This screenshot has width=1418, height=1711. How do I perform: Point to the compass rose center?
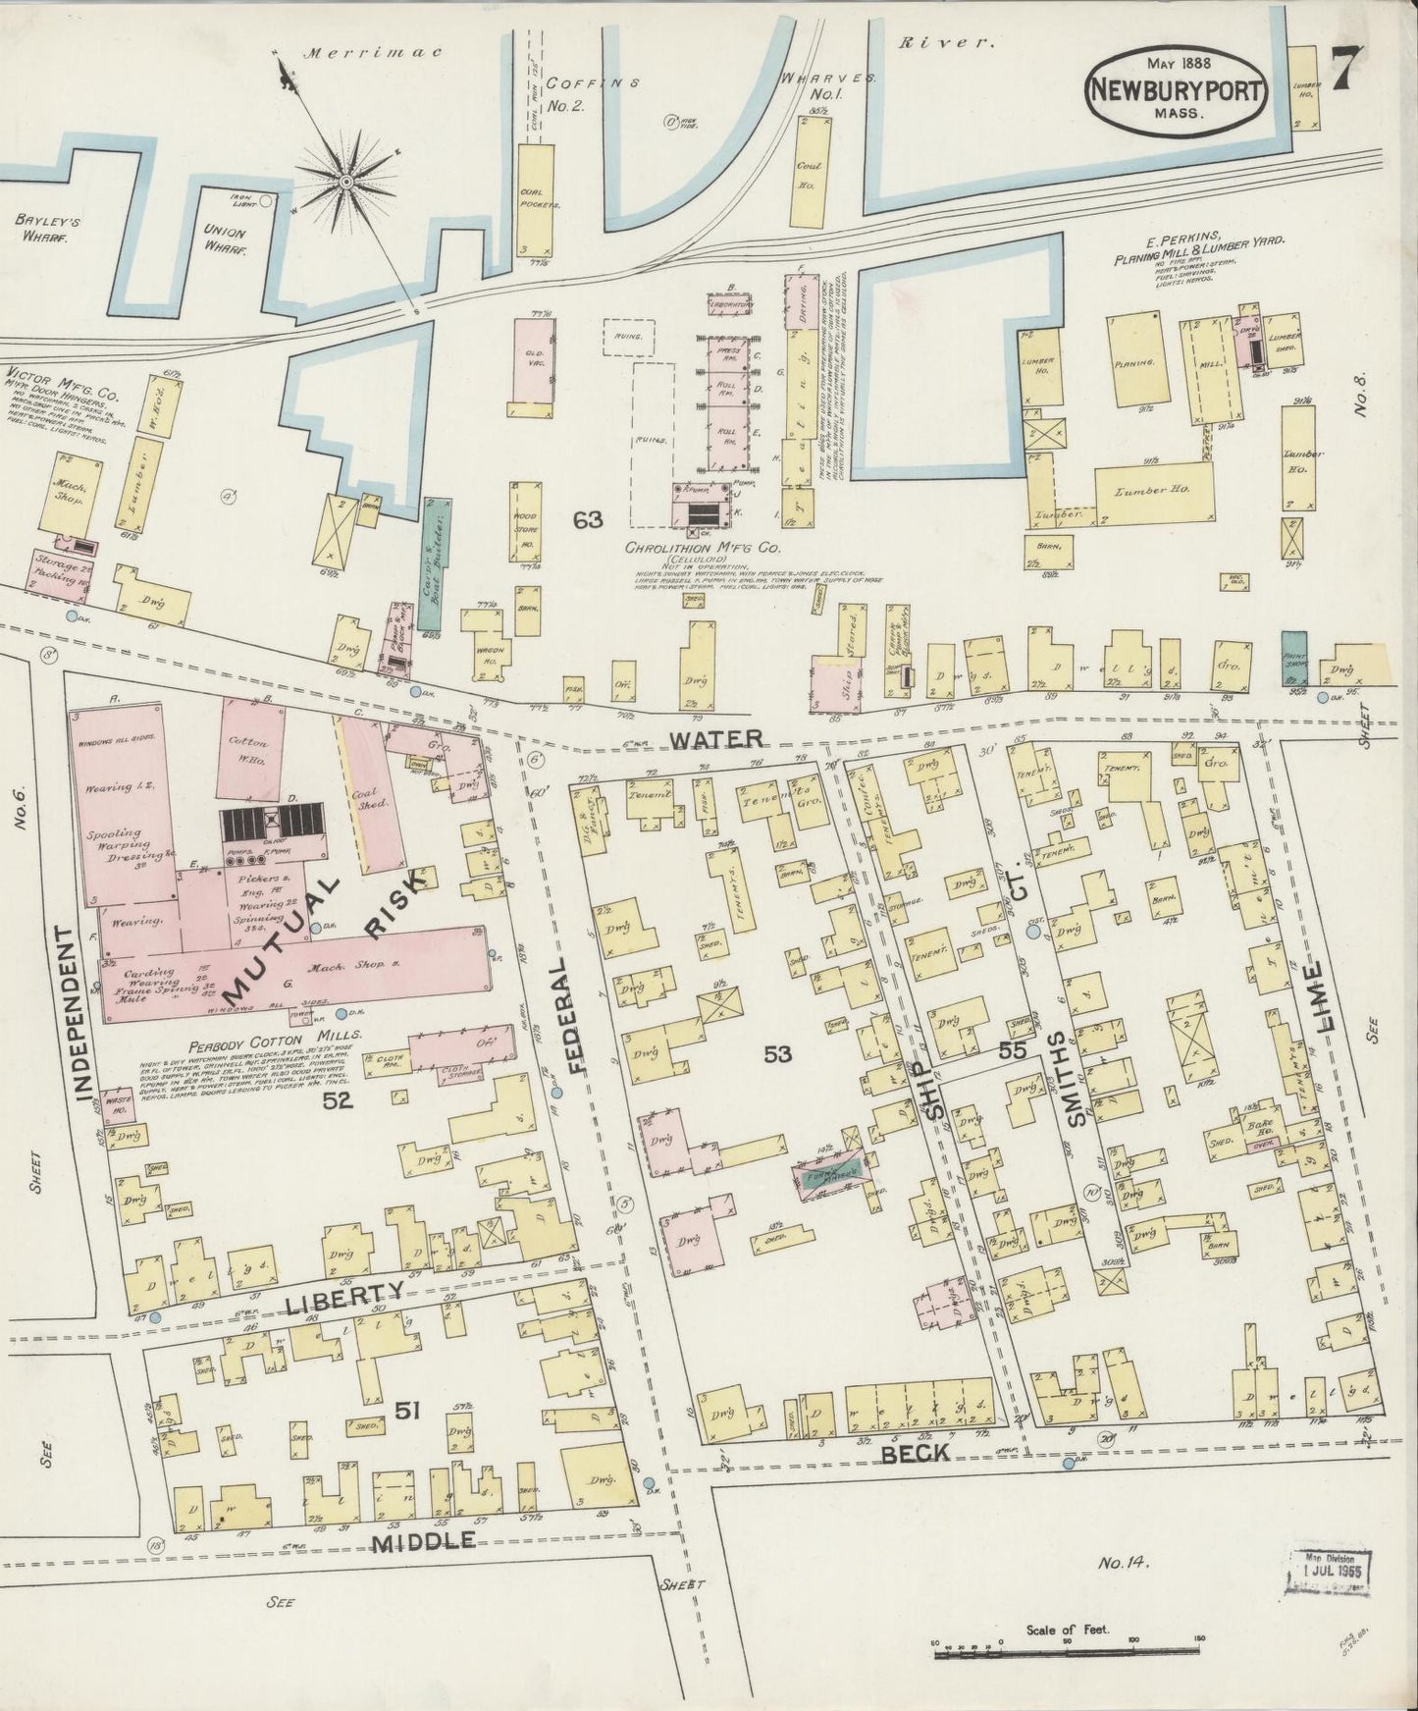coord(346,181)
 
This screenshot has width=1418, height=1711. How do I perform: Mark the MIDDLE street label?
coord(424,1540)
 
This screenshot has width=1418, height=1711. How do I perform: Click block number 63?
coord(588,520)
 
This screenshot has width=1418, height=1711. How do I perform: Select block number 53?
coord(778,1053)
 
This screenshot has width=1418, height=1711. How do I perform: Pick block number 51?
coord(407,1411)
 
